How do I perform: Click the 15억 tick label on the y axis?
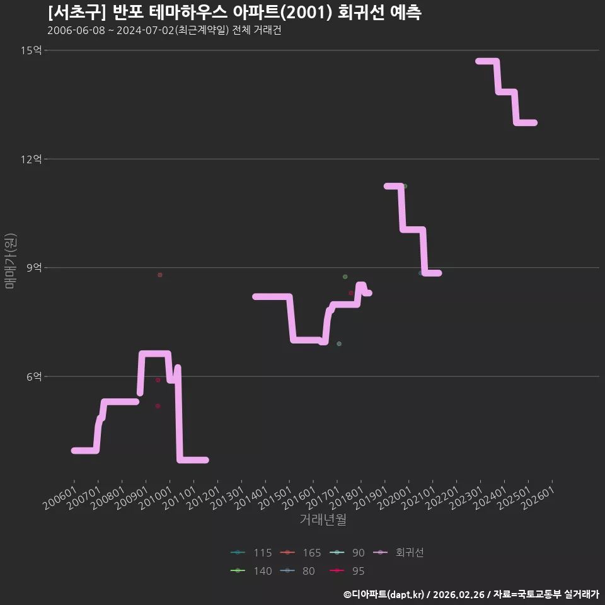point(32,50)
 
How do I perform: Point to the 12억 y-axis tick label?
point(32,159)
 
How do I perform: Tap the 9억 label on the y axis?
point(34,267)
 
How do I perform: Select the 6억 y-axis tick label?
point(34,376)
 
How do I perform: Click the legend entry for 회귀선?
point(398,553)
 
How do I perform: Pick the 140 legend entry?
point(251,571)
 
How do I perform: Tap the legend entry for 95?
point(347,571)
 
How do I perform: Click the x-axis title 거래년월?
point(323,519)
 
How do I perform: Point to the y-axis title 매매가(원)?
point(10,261)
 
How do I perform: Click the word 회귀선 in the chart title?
point(360,13)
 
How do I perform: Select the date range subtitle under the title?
point(164,30)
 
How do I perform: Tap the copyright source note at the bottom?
point(471,594)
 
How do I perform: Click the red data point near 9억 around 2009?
point(159,275)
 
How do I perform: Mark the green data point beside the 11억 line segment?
point(405,186)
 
